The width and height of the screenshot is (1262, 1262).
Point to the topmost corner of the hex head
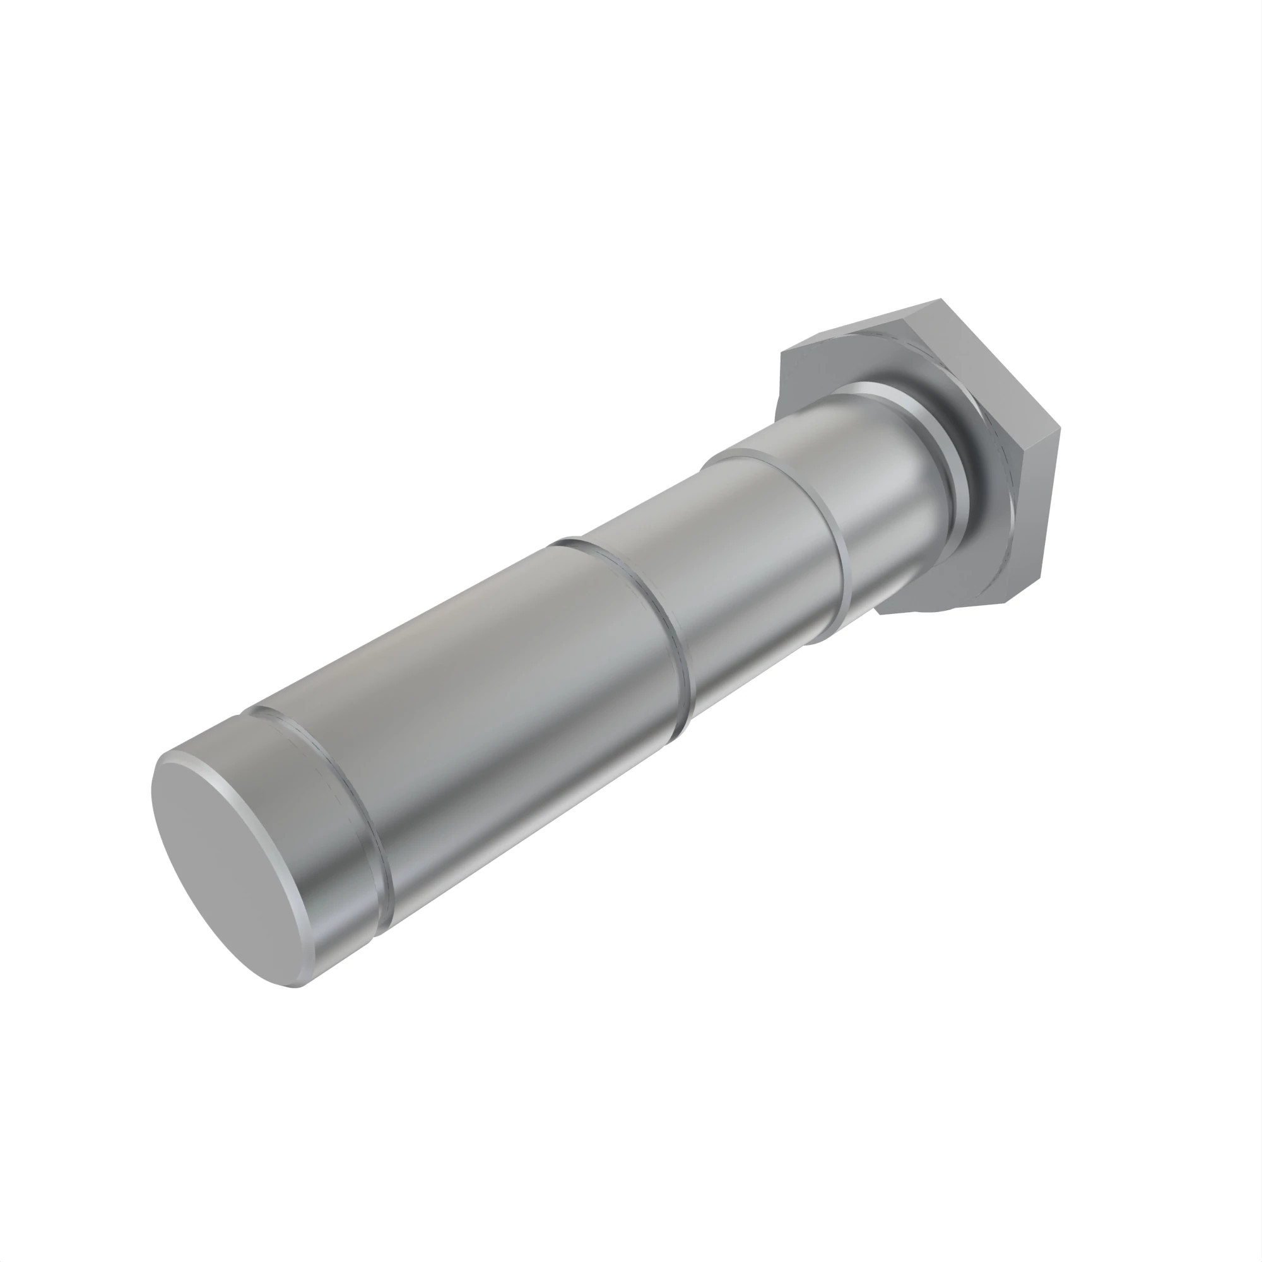941,301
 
